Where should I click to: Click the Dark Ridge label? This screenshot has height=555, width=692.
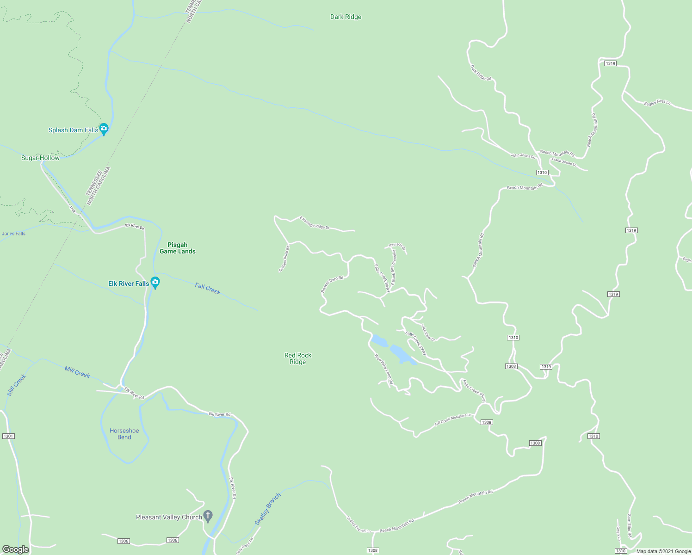[346, 17]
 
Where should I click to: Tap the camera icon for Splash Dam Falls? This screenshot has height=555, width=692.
[104, 129]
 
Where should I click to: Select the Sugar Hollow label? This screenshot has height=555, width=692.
[40, 158]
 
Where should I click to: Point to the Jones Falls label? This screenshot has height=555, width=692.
[14, 234]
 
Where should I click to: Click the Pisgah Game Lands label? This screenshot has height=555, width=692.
[178, 248]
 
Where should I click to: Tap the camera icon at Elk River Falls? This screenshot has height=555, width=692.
[155, 282]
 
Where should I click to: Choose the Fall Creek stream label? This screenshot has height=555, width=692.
[208, 289]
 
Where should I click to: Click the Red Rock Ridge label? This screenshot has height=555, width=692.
[298, 358]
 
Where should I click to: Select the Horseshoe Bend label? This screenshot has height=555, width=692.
[124, 434]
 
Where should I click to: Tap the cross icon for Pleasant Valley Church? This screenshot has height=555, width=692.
[208, 516]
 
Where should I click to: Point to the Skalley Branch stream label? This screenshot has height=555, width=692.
[268, 509]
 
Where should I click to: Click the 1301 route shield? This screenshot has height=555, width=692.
[8, 436]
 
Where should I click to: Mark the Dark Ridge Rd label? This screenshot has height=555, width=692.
[481, 73]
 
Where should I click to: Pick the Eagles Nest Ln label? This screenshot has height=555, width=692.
[657, 103]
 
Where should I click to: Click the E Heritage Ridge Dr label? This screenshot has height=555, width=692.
[315, 223]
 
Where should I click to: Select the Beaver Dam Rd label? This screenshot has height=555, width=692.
[332, 284]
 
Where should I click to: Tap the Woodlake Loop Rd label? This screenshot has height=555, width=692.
[383, 369]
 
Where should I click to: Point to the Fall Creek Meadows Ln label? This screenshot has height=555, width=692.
[453, 419]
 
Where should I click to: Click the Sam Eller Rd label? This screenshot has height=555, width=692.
[629, 526]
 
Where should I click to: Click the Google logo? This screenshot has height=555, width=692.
[16, 549]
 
